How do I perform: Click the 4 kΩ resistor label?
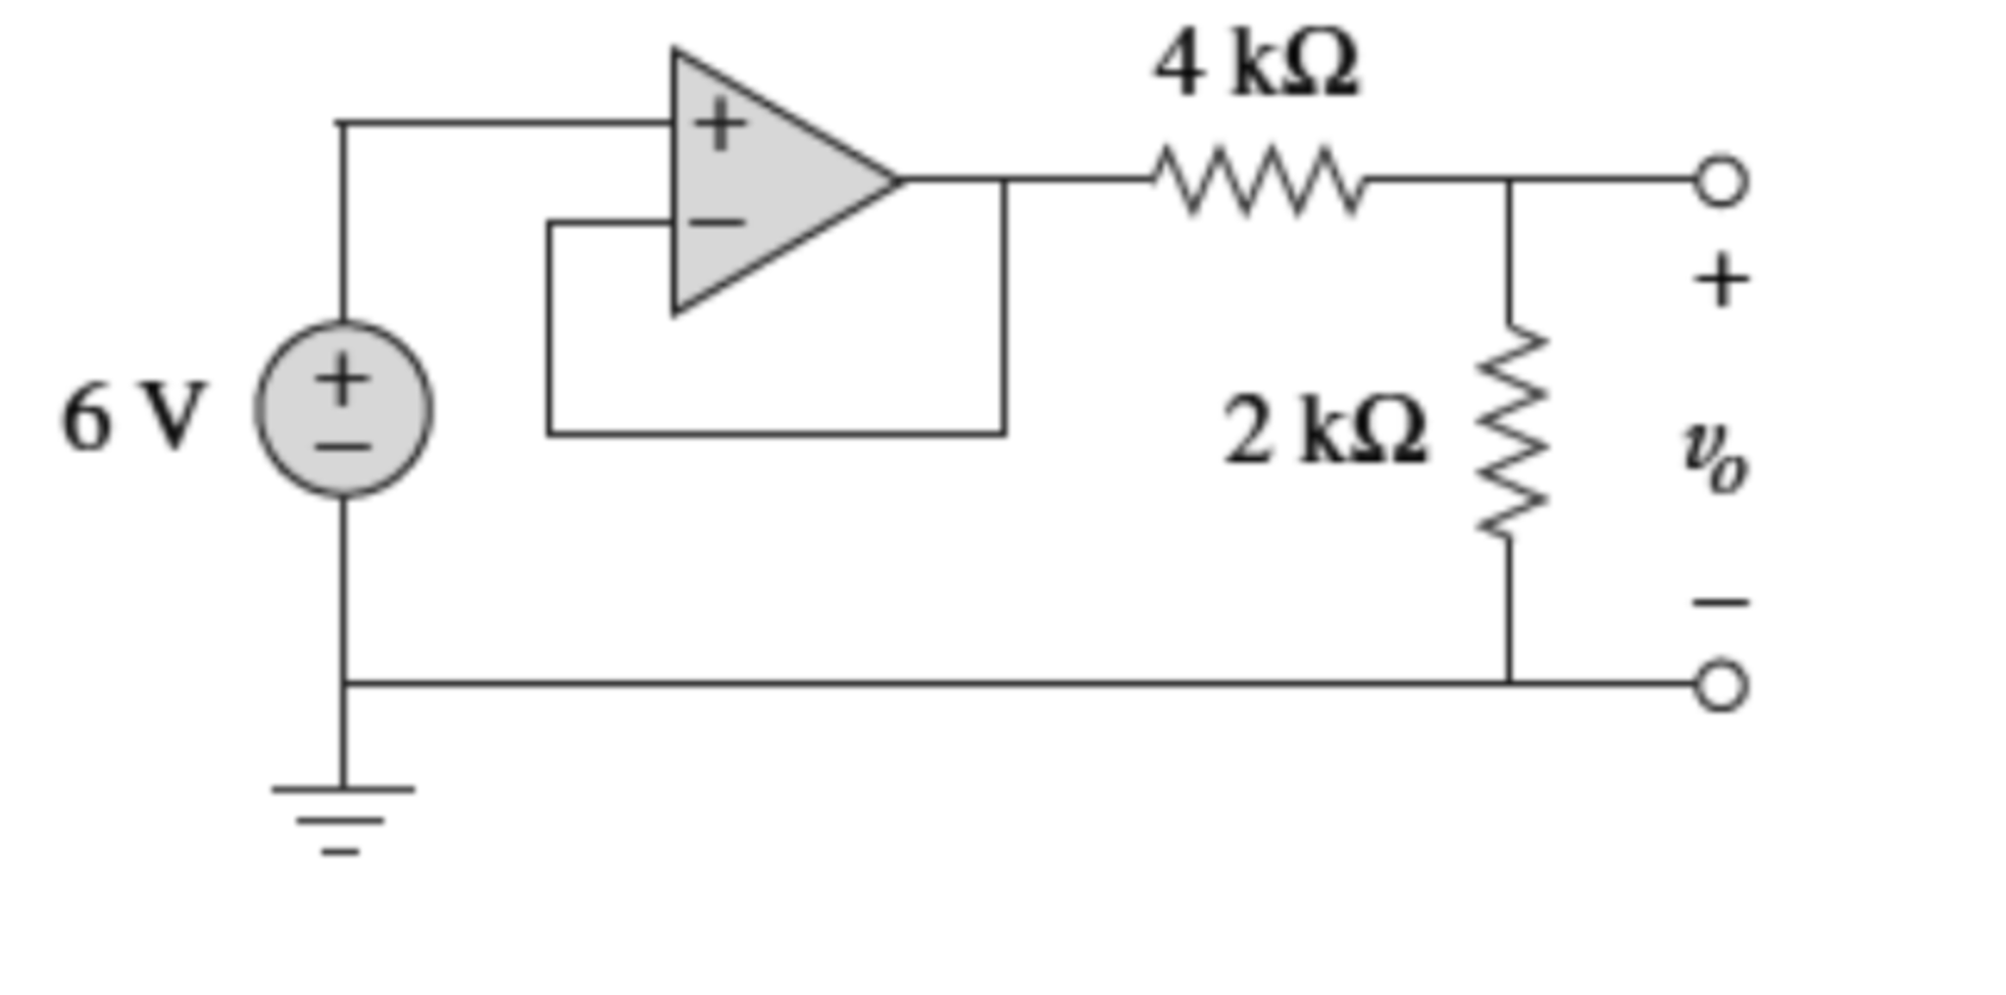point(1256,65)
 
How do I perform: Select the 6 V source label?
point(133,418)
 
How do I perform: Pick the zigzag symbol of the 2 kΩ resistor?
point(1511,431)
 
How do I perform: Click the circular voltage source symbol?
point(343,410)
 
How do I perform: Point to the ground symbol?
point(342,819)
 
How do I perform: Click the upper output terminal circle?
point(1721,181)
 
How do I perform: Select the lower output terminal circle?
point(1721,685)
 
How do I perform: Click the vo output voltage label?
point(1715,459)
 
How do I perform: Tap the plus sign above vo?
point(1721,281)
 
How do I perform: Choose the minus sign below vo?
point(1721,602)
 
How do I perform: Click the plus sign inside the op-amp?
point(721,125)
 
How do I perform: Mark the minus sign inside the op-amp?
point(718,224)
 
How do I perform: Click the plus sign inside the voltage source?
point(342,379)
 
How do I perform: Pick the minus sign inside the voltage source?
point(342,448)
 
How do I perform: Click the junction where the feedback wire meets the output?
point(1004,180)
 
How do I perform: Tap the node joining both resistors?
point(1510,180)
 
